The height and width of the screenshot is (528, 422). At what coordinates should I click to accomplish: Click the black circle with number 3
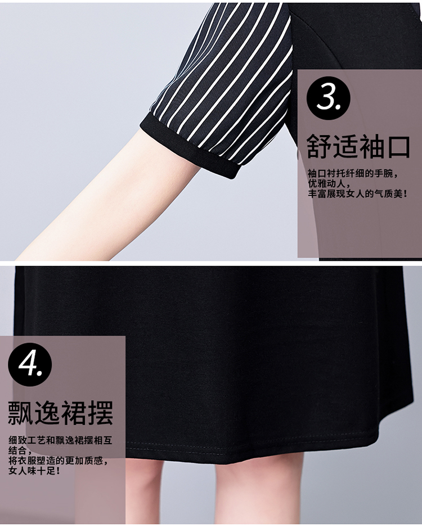click(x=328, y=98)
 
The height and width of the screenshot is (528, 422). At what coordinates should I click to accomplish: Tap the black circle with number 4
click(x=30, y=364)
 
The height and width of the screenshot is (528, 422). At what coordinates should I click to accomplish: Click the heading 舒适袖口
click(x=358, y=147)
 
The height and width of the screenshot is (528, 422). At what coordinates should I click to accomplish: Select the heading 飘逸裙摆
click(x=60, y=413)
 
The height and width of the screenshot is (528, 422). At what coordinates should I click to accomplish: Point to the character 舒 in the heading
click(x=319, y=147)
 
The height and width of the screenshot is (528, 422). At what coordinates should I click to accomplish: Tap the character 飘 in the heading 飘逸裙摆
click(x=21, y=413)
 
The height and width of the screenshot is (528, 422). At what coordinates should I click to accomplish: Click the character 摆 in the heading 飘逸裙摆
click(x=101, y=413)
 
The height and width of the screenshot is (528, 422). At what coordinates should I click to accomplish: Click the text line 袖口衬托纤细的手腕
click(x=353, y=174)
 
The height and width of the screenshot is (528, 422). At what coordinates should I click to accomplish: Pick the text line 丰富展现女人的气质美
click(x=358, y=194)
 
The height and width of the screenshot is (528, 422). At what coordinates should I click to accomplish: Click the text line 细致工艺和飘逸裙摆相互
click(x=60, y=440)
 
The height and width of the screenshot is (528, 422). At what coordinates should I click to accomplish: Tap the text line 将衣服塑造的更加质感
click(x=58, y=461)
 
